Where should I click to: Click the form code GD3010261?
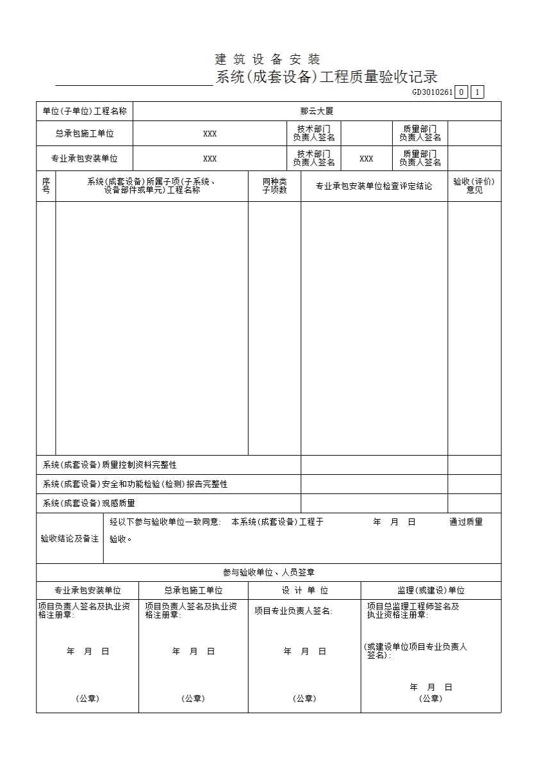coord(433,92)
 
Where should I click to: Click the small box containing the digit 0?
coord(462,92)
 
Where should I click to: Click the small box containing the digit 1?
coord(477,92)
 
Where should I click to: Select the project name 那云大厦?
coord(317,112)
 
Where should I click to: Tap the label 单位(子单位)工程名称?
coord(85,112)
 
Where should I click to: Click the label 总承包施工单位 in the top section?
coord(85,134)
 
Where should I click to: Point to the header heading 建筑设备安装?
coord(268,60)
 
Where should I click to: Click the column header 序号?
coord(46,186)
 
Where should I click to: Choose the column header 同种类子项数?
coord(274,186)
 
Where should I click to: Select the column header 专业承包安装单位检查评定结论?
coord(374,186)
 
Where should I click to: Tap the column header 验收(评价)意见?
coord(474,186)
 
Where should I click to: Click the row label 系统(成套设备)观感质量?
coord(89,504)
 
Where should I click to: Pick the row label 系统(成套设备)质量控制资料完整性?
coord(110,465)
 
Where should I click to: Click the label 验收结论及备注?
coord(70,539)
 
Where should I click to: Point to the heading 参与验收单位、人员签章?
coord(268,573)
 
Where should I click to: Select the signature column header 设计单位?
coord(304,591)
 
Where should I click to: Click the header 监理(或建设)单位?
coord(431,591)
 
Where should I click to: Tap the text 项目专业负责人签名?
coord(293,611)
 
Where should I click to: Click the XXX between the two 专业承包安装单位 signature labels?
coord(366,159)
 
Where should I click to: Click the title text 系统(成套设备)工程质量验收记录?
coord(327,78)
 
